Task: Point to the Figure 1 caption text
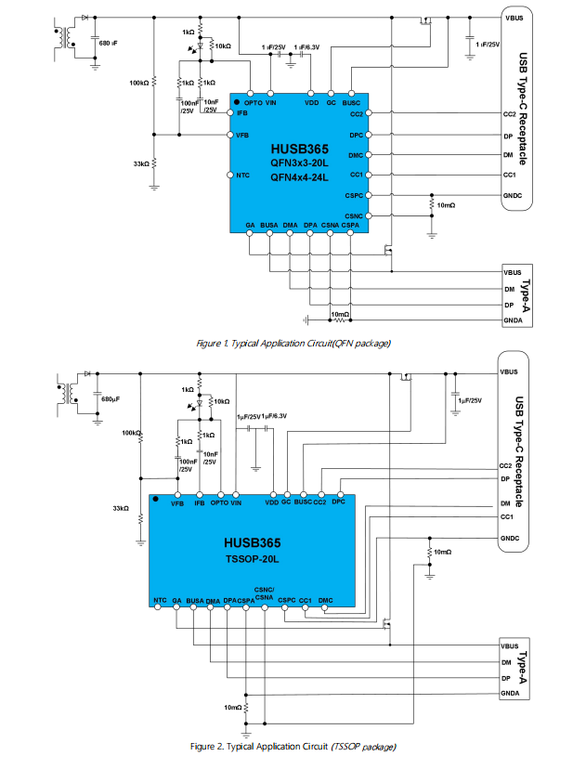click(293, 344)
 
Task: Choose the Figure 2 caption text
click(293, 746)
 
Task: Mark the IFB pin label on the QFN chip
click(242, 112)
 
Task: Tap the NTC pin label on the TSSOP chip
click(160, 601)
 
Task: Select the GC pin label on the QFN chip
click(332, 102)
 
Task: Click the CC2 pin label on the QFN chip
click(356, 113)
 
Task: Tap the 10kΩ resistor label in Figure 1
click(223, 46)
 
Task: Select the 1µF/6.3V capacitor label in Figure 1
click(308, 46)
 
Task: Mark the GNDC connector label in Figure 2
click(509, 538)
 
